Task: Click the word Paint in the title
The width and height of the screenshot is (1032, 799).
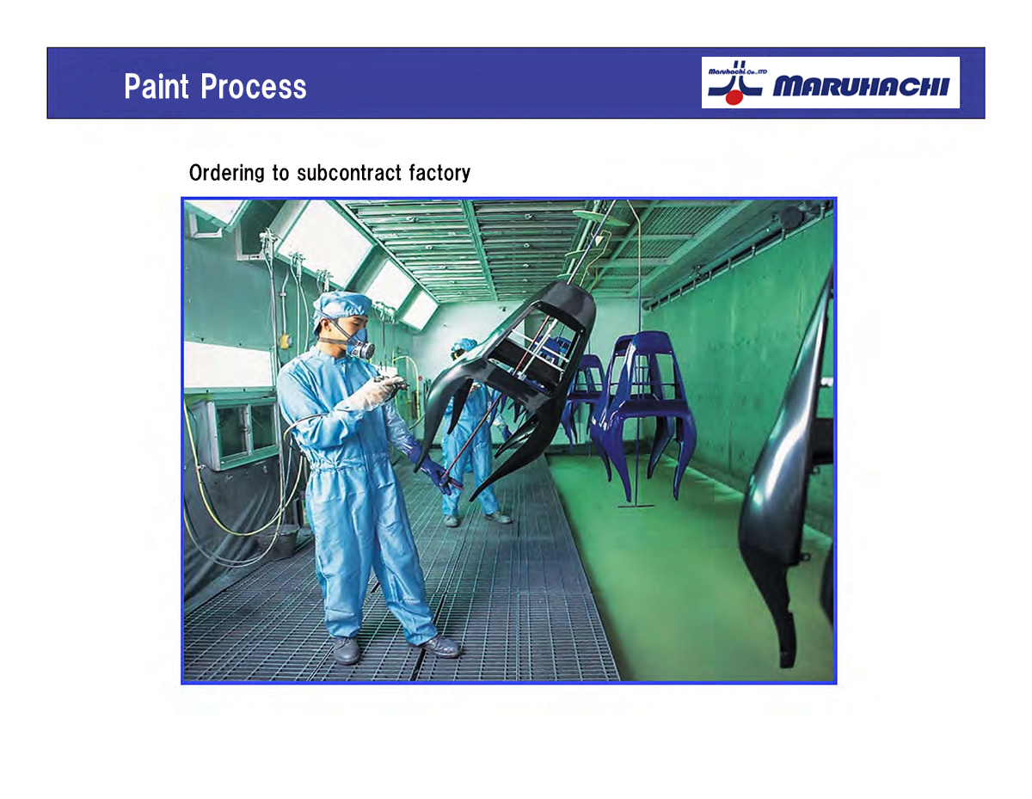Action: tap(157, 86)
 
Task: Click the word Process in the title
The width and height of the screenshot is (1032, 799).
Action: tap(253, 86)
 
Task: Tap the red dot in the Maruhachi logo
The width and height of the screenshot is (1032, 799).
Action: tap(734, 97)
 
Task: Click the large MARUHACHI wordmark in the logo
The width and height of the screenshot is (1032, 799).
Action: tap(861, 86)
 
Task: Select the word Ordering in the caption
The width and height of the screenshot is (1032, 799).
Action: tap(227, 173)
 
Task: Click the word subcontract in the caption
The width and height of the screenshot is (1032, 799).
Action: tap(349, 173)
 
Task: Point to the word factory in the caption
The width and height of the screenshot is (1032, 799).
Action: tap(439, 174)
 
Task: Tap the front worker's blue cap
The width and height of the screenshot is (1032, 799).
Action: tap(342, 306)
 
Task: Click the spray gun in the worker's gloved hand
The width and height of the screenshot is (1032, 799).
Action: tap(390, 381)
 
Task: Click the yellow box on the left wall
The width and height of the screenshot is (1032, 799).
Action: tap(285, 341)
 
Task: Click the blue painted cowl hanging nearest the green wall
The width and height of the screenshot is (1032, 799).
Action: tap(643, 413)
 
